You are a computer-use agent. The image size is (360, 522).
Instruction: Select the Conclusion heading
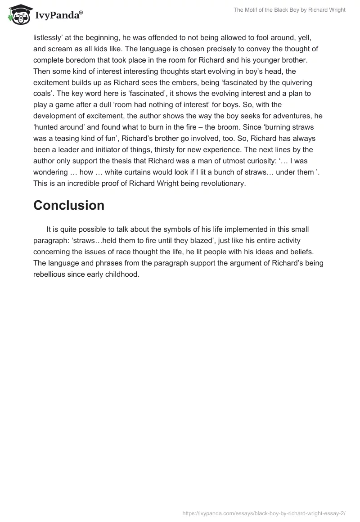tap(69, 205)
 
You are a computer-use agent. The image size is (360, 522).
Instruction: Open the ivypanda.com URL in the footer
tap(264, 513)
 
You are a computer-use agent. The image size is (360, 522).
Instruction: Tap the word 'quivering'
tap(290, 82)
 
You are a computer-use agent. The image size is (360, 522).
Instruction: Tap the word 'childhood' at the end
tap(121, 274)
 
